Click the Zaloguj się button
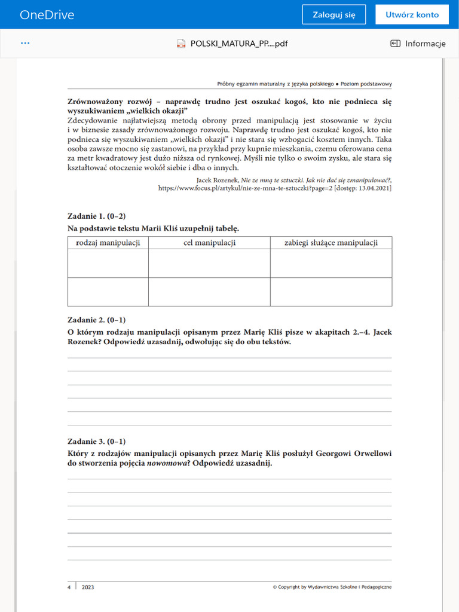click(x=333, y=15)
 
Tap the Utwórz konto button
click(x=412, y=15)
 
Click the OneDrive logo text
click(x=47, y=15)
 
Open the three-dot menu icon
click(x=25, y=43)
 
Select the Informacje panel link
click(x=418, y=44)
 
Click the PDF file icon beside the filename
click(x=182, y=44)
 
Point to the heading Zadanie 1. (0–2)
click(x=96, y=216)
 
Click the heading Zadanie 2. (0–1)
click(x=96, y=320)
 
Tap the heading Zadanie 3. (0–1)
click(x=96, y=442)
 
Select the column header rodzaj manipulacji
click(x=108, y=243)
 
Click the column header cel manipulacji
click(x=209, y=243)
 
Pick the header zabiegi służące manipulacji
click(x=331, y=243)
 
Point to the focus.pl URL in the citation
click(x=237, y=188)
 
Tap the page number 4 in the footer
click(x=69, y=587)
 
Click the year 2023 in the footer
click(x=88, y=587)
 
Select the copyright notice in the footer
click(x=332, y=587)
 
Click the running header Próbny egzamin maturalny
click(x=304, y=84)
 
